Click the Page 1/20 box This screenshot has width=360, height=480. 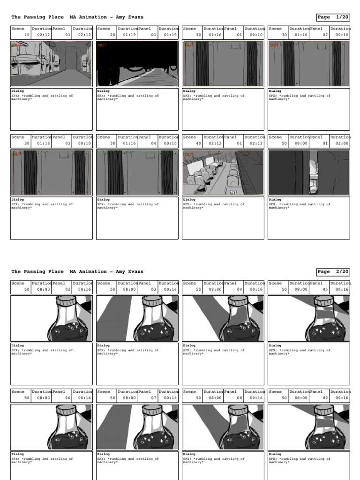pos(333,17)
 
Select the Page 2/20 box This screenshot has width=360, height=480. pos(333,272)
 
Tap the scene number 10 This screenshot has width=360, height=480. pos(26,35)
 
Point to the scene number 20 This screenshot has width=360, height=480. pos(112,35)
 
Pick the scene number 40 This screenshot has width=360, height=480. pos(198,143)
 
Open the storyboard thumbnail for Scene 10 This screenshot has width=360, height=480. pos(51,64)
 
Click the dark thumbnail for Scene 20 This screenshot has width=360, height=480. pos(137,64)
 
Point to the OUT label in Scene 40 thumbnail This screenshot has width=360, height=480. pos(188,154)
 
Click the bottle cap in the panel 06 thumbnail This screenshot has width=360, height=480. pos(65,409)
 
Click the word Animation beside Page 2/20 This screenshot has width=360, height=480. pos(94,272)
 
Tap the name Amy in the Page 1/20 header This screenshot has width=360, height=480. pos(121,17)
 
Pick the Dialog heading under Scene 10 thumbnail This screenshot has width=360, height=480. pos(17,91)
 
